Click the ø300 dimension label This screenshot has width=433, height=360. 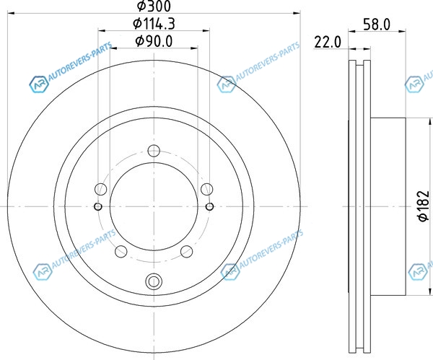point(154,6)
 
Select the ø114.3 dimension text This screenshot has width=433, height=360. point(154,24)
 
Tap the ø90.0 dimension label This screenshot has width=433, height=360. point(154,41)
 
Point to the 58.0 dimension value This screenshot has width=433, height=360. point(377,25)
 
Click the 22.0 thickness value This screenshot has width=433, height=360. point(328,43)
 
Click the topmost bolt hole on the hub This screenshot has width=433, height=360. point(154,151)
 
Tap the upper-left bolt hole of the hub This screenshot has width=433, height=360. point(101,190)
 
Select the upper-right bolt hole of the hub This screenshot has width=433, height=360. point(207,190)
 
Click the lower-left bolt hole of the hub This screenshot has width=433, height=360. point(121,252)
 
